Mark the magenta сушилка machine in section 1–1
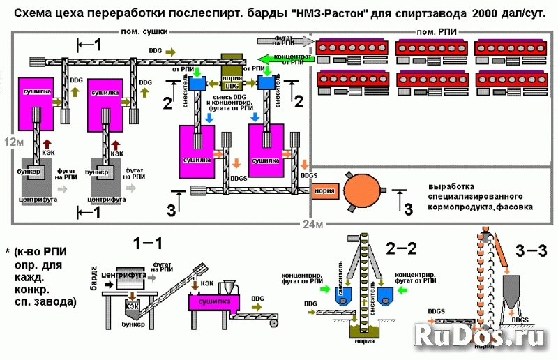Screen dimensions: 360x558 213,302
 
